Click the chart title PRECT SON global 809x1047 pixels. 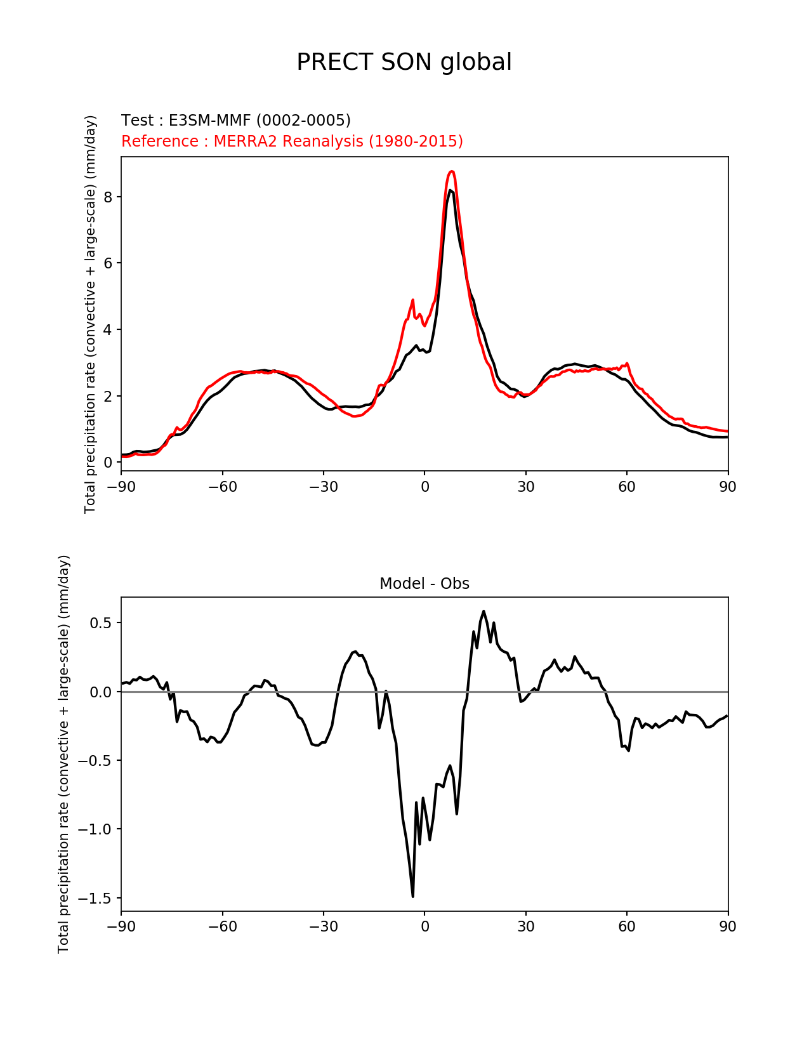(404, 62)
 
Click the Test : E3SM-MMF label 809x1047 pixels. (236, 121)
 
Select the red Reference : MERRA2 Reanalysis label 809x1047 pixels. (292, 141)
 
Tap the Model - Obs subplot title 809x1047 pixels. (424, 584)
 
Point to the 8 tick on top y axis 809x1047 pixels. (108, 197)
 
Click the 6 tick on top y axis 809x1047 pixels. (108, 263)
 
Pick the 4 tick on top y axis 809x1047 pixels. (108, 329)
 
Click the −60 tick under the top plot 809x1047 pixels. (222, 487)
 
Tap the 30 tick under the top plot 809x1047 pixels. (525, 487)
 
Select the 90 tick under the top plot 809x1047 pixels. (728, 487)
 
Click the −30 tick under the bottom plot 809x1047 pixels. (323, 926)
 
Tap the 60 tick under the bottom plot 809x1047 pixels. (627, 926)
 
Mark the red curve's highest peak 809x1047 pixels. (451, 171)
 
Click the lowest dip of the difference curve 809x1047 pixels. (413, 896)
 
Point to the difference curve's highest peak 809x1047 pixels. (483, 611)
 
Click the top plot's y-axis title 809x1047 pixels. (91, 314)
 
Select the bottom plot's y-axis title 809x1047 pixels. (63, 754)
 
